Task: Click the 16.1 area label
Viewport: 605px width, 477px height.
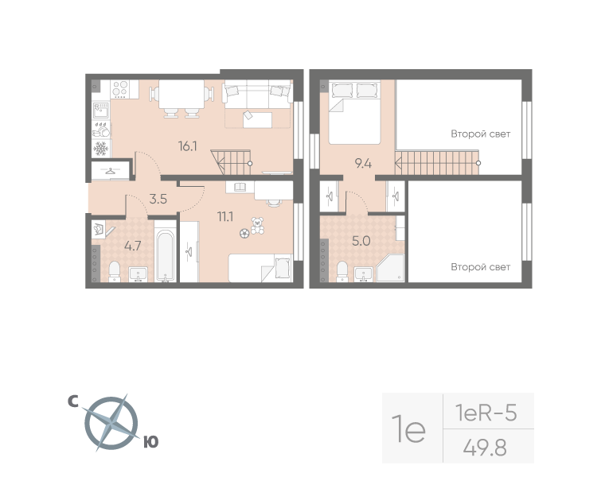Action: [188, 146]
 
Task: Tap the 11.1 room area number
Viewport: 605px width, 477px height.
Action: [225, 216]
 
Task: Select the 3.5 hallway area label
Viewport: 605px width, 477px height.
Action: [158, 199]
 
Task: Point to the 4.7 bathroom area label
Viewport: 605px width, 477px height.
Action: [132, 246]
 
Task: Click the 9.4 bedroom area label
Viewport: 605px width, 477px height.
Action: [363, 164]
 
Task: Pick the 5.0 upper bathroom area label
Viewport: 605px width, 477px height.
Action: [361, 241]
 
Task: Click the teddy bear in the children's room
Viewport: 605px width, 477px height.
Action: [257, 226]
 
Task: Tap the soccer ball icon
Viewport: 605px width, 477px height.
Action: [244, 233]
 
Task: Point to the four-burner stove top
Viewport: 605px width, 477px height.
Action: [119, 89]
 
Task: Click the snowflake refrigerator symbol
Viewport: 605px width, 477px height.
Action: [101, 149]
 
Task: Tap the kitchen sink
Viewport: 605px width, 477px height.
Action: [101, 111]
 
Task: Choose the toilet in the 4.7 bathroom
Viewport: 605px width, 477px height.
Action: [114, 271]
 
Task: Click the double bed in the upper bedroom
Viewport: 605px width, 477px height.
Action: [354, 113]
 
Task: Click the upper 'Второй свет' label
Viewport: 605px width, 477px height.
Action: [480, 134]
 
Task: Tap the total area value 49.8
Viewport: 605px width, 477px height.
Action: [485, 448]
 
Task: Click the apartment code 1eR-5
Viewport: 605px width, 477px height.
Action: [486, 413]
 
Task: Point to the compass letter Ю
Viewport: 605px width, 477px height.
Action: [151, 442]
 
